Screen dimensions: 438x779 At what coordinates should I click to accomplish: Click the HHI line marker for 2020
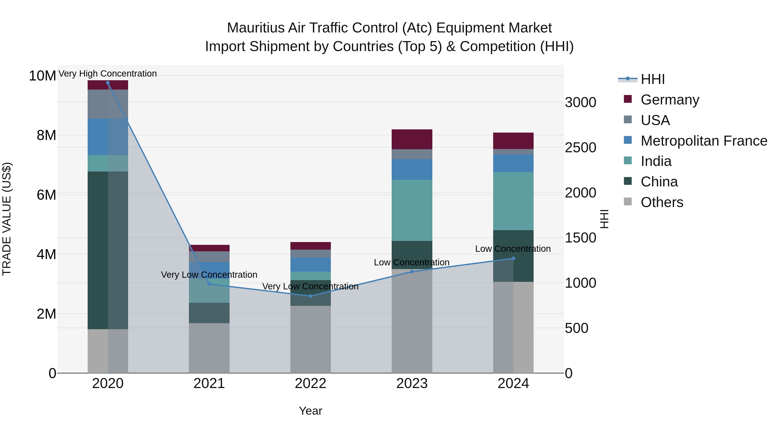point(108,83)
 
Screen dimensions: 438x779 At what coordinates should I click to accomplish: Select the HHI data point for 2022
point(311,296)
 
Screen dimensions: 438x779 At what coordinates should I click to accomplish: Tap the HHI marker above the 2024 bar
point(513,258)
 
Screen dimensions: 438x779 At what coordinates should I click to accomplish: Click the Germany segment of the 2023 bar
point(412,139)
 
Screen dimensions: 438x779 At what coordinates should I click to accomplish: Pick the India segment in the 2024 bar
point(513,201)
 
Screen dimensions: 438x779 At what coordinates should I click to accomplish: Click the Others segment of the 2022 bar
point(311,339)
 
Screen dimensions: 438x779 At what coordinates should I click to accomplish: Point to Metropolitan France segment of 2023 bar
point(412,170)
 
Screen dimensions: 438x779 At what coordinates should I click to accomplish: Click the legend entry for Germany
point(670,100)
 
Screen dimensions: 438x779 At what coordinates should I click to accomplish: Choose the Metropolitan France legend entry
point(703,141)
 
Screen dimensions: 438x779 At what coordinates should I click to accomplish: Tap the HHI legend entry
point(652,79)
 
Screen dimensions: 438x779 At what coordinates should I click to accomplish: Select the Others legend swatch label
point(662,202)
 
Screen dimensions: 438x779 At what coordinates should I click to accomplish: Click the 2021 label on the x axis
point(209,383)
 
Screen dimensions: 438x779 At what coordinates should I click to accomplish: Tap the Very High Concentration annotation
point(108,74)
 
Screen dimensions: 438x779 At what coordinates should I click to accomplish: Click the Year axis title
point(311,411)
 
